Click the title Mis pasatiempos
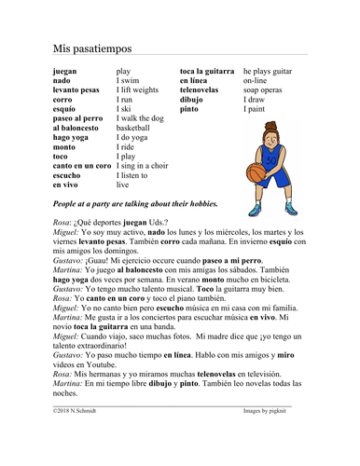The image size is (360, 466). (x=91, y=48)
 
